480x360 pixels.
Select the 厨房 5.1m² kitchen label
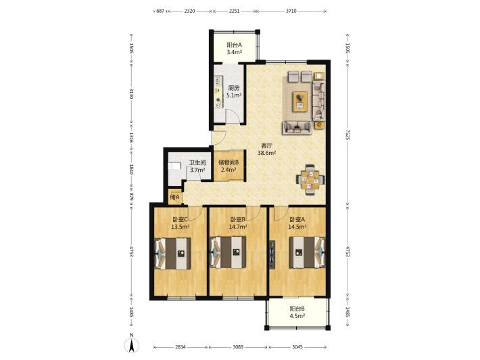point(234,91)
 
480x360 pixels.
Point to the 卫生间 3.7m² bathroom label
point(197,166)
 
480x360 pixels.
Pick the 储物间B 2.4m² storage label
point(229,165)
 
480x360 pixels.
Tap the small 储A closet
point(175,197)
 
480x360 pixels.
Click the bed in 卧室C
point(173,253)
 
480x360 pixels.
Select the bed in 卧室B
point(228,252)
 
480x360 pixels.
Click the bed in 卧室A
point(307,252)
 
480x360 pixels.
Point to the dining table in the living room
point(310,180)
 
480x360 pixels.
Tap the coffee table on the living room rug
point(300,101)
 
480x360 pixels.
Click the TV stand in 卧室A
point(272,254)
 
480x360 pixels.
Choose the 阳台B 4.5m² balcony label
point(297,312)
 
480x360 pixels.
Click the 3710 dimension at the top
point(291,11)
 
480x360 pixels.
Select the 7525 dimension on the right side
point(347,134)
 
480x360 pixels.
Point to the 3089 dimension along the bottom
point(238,347)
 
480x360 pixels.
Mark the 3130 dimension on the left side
point(131,93)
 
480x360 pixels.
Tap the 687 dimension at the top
point(160,11)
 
